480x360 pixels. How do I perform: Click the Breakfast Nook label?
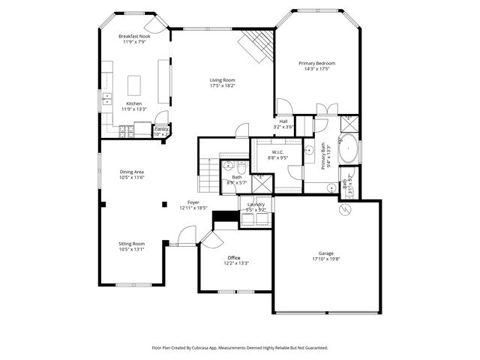coord(133,36)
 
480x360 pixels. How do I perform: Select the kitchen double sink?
coord(104,99)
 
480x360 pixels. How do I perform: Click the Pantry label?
coord(161,128)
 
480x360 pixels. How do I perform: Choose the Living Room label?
coord(222,79)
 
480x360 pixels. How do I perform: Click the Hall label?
coord(283,121)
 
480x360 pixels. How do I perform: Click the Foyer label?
coord(193,202)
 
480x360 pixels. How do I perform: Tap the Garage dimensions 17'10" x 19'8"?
coord(325,258)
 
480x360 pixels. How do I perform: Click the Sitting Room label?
coord(131,244)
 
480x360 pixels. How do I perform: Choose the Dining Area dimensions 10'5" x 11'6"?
coord(131,178)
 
